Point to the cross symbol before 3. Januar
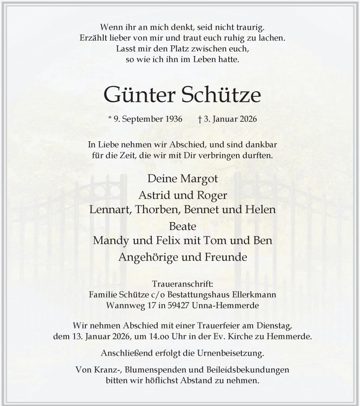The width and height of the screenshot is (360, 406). tap(200, 120)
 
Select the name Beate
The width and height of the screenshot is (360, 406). tap(180, 226)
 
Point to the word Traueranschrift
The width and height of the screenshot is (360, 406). tap(180, 284)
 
